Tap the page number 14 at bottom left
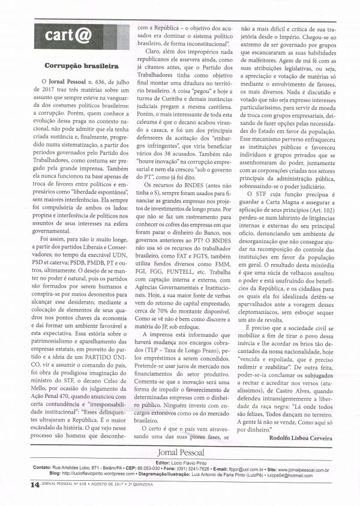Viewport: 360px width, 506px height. tap(17, 481)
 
